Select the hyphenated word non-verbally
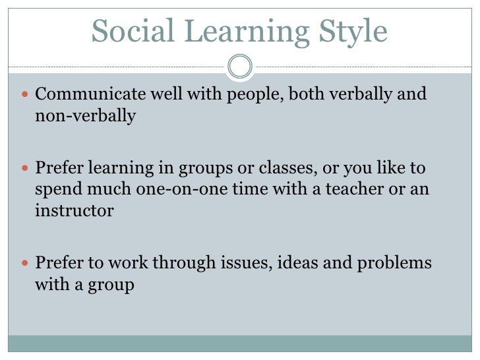[x=85, y=117]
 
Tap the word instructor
[x=74, y=212]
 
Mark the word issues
[x=240, y=263]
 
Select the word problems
[x=394, y=263]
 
